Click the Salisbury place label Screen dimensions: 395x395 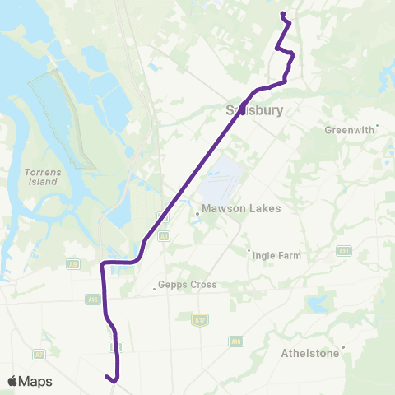(x=255, y=109)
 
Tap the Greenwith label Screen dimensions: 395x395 (x=350, y=130)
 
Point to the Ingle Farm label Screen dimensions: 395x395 (x=277, y=256)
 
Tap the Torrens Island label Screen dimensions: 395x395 (x=39, y=176)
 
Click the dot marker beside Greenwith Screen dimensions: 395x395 (x=377, y=127)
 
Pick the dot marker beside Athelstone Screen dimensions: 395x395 (x=343, y=346)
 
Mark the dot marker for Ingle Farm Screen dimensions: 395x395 (x=249, y=251)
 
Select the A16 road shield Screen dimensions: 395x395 (x=92, y=300)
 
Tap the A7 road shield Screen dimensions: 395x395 (x=38, y=354)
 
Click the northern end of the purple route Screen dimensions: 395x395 (x=282, y=14)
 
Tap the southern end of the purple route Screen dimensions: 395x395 (x=106, y=377)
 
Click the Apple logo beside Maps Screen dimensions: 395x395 (x=13, y=381)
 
